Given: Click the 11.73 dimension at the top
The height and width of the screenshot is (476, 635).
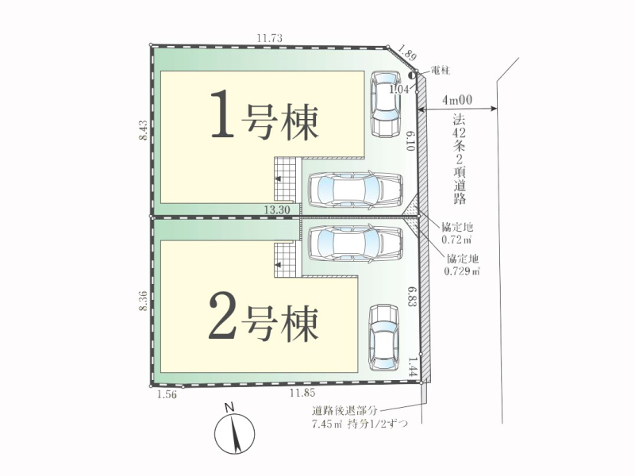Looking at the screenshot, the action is [x=269, y=38].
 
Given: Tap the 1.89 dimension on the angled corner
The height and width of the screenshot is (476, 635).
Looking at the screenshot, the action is [x=407, y=52].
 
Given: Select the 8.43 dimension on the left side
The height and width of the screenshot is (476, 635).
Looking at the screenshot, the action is [x=143, y=131].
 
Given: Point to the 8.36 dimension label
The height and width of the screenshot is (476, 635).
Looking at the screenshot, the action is [x=143, y=301].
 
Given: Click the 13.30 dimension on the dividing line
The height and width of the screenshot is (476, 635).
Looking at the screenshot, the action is [x=276, y=209].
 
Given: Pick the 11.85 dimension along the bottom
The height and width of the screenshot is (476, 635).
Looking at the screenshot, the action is [x=302, y=392].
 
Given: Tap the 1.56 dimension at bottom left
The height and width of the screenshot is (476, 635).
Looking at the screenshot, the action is [x=167, y=394].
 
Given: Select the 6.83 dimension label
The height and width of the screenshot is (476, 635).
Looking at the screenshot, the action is [x=412, y=297].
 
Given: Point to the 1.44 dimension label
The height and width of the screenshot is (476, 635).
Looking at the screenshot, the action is [x=412, y=367].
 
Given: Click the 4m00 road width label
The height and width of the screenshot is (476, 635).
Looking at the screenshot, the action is [x=457, y=100].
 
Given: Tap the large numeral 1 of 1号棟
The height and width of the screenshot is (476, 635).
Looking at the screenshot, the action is [x=222, y=113].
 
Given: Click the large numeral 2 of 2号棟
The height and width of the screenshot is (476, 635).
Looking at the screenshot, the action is [x=222, y=316].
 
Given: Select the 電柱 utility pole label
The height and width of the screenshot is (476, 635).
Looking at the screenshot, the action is [x=441, y=71].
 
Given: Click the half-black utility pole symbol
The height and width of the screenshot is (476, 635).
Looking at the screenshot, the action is [x=412, y=75].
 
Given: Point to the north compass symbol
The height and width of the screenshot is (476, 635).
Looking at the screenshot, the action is [x=234, y=429].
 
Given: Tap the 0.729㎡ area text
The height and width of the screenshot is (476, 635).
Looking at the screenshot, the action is [x=462, y=271].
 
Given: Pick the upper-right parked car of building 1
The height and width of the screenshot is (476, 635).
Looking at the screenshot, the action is [x=386, y=105].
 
